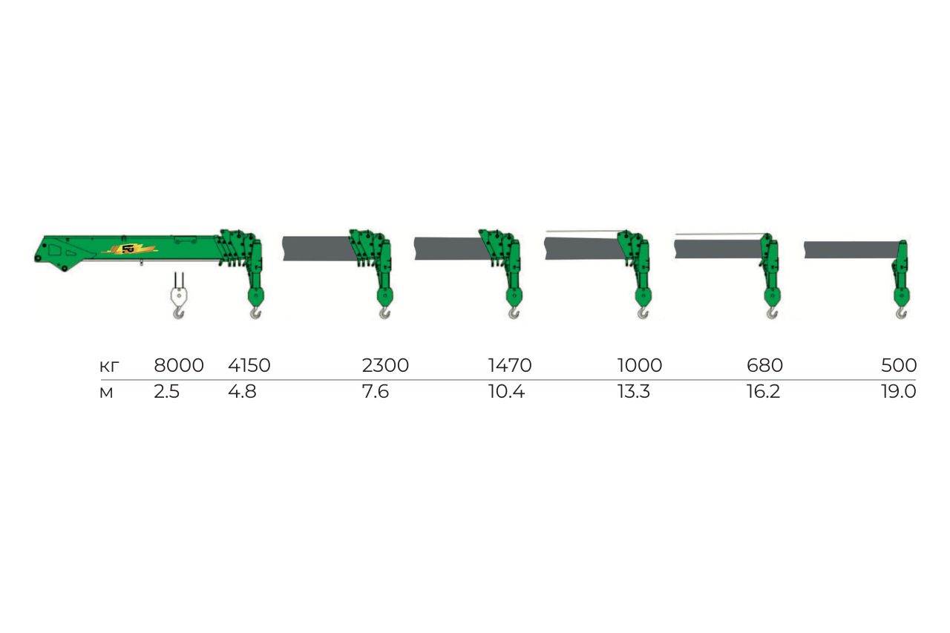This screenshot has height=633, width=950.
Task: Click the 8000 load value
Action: [x=179, y=365]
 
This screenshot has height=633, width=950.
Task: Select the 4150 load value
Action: [x=249, y=365]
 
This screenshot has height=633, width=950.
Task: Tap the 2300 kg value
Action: [x=385, y=365]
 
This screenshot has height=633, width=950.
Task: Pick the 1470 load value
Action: [x=510, y=365]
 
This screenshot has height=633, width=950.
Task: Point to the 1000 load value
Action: [x=640, y=365]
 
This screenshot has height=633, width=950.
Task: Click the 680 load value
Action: [x=764, y=365]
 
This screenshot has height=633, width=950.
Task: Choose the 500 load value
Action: [x=899, y=365]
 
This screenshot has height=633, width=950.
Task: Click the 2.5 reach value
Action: [x=167, y=391]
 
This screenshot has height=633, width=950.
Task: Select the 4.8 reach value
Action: [x=242, y=391]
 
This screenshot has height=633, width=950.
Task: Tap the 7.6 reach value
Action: [x=376, y=391]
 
